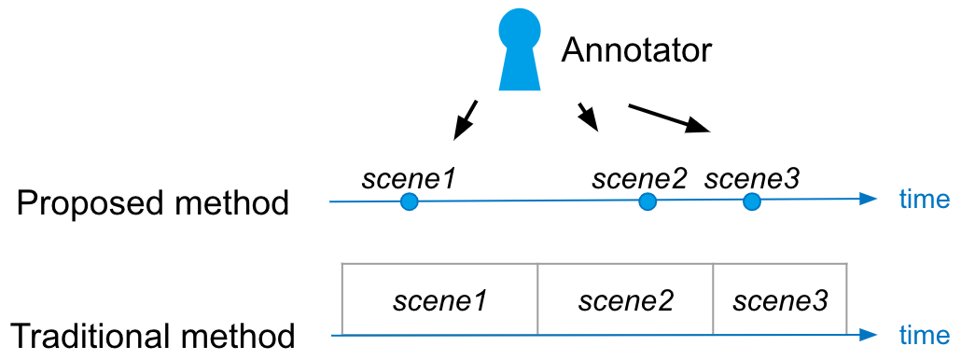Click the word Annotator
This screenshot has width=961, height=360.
coord(636,50)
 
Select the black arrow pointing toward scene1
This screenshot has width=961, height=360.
coord(465,119)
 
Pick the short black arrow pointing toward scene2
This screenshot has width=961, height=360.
coord(589,117)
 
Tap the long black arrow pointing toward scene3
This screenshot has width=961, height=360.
coord(669,118)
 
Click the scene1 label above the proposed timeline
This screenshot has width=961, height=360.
coord(409,179)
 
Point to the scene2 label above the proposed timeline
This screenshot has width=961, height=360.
coord(640,179)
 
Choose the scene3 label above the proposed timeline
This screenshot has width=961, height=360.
coord(753,179)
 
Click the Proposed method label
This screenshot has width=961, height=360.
coord(153,204)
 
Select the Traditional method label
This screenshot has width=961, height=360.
coord(154,336)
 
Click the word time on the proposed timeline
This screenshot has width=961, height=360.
coord(925,200)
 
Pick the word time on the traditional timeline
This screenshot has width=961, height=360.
coord(925,336)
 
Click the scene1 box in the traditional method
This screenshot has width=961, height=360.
coord(439,299)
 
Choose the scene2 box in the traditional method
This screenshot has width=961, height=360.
coord(626,299)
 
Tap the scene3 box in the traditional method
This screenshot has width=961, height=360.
coord(780,299)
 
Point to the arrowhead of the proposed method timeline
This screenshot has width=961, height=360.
coord(869,199)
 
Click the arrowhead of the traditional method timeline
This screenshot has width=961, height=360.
coord(869,335)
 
